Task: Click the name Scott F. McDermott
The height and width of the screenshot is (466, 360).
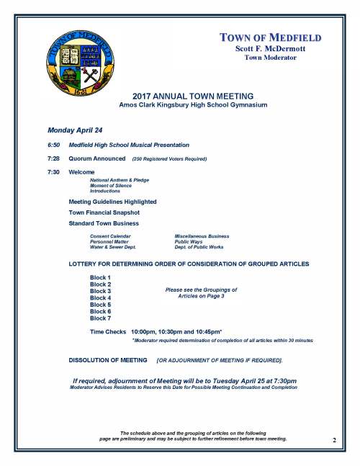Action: click(x=270, y=48)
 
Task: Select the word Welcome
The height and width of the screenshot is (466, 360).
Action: click(x=81, y=173)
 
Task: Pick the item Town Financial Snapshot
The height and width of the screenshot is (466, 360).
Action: click(x=104, y=212)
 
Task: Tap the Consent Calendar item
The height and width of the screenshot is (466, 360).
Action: click(x=110, y=236)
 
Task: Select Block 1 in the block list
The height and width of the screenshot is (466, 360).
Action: click(x=100, y=278)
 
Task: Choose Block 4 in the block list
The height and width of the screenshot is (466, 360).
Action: click(x=100, y=297)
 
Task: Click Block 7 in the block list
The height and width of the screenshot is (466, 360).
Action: click(x=100, y=318)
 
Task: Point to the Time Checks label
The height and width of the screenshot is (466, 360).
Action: click(x=107, y=331)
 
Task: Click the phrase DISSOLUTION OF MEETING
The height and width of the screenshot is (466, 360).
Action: click(x=108, y=359)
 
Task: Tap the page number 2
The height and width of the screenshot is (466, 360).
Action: click(x=334, y=439)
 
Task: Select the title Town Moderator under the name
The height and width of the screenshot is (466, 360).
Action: click(x=270, y=58)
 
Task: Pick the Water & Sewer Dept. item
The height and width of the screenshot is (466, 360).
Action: click(x=113, y=247)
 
